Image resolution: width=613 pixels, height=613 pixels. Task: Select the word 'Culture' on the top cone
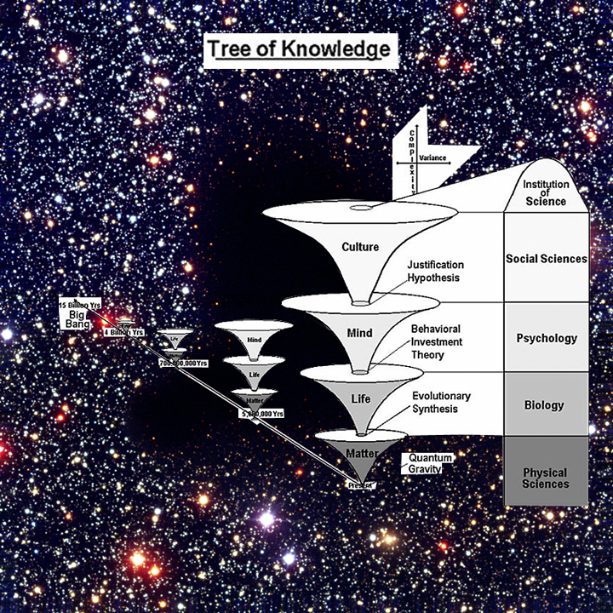pos(360,248)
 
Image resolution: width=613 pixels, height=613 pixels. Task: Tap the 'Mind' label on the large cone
pos(360,331)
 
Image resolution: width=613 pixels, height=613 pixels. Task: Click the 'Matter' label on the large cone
pos(361,452)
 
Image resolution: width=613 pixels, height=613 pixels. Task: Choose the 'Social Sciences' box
pos(546,259)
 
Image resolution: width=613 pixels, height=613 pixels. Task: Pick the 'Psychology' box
pos(546,338)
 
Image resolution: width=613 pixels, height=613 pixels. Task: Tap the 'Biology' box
pos(546,405)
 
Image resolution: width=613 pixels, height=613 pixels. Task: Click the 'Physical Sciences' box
pos(546,478)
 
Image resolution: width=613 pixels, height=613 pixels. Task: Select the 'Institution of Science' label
pos(546,193)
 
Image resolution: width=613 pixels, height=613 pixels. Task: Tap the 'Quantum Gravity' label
pos(430,463)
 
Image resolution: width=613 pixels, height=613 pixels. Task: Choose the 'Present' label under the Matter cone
pos(360,485)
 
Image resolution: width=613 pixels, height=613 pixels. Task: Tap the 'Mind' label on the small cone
pos(254,340)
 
